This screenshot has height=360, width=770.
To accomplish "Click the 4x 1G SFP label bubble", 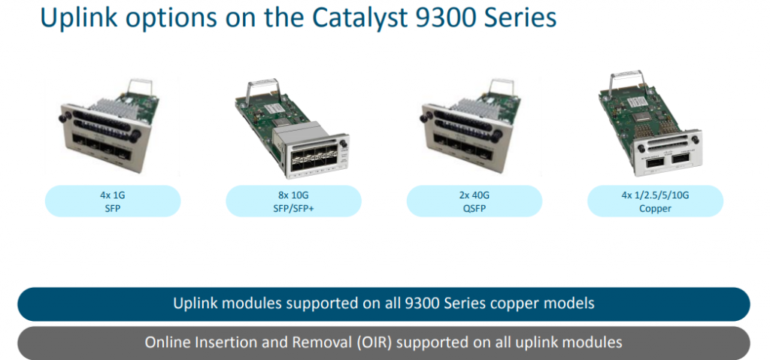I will (113, 201).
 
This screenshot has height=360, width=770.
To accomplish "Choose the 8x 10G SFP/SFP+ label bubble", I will (293, 201).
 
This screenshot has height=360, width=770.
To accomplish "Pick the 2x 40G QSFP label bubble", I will (474, 201).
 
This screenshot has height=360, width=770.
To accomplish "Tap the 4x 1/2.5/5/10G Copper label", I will (655, 201).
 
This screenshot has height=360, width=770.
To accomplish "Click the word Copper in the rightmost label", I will (655, 208).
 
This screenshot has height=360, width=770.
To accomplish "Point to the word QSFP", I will (474, 208).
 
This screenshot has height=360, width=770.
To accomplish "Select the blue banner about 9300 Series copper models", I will (383, 304).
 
